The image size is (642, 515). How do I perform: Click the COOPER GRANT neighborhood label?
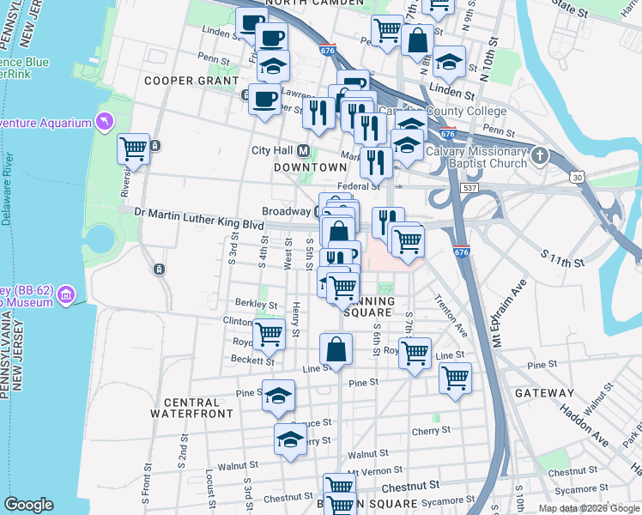point(191,81)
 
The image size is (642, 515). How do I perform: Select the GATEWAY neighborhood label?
point(544,392)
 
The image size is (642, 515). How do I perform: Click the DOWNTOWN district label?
point(303,168)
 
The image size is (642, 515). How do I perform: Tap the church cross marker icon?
point(539,155)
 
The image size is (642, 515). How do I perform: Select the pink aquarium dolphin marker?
point(106,123)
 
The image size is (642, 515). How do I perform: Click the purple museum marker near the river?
point(66,297)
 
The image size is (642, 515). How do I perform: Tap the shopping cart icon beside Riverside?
point(133,149)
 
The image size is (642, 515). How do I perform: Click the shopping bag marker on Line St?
point(336,349)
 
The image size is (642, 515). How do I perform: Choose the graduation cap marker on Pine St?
point(277,395)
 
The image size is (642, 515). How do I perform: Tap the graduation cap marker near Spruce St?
point(290,439)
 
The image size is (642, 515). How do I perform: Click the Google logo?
point(29,505)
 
